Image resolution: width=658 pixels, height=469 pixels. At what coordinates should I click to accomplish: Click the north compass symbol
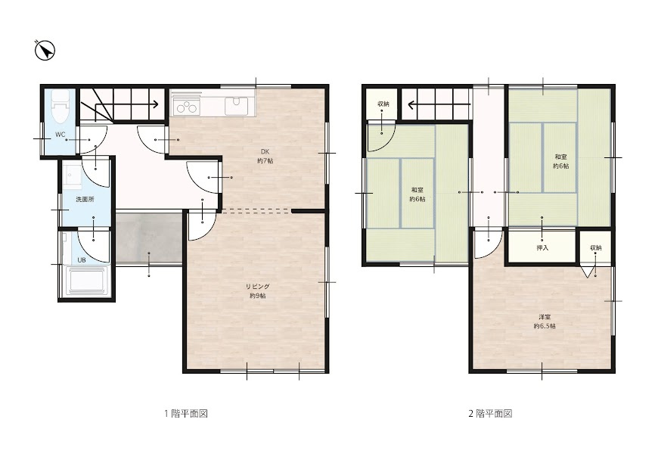point(45,51)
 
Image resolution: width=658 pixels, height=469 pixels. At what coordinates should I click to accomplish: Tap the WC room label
point(61,135)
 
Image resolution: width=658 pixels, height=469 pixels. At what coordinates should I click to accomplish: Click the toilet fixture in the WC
point(60,107)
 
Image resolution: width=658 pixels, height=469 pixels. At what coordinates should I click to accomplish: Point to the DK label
point(265,151)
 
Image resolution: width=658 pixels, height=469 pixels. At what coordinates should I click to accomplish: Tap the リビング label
point(257,287)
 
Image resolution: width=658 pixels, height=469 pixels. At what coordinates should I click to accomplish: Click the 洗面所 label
point(85,200)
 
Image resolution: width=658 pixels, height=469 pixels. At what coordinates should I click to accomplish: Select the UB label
point(82,260)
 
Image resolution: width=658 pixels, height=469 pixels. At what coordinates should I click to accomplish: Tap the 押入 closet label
point(542,248)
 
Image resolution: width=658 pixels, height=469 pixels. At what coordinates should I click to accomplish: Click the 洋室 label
point(545,317)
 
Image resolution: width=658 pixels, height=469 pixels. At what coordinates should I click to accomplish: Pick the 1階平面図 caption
point(186,414)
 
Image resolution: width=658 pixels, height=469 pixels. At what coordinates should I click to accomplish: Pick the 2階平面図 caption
point(490,414)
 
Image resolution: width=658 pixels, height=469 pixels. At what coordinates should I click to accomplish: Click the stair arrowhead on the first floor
point(155,104)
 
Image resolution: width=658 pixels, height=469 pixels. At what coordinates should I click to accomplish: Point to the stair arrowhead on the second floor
point(411,104)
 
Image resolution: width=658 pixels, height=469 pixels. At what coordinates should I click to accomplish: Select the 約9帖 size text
point(257,296)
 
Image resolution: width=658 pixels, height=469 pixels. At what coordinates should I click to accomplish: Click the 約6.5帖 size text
point(545,326)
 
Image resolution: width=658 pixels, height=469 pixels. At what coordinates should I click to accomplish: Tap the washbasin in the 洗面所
point(73,176)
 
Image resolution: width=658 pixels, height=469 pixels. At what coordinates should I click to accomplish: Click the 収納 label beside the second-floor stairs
point(383,104)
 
